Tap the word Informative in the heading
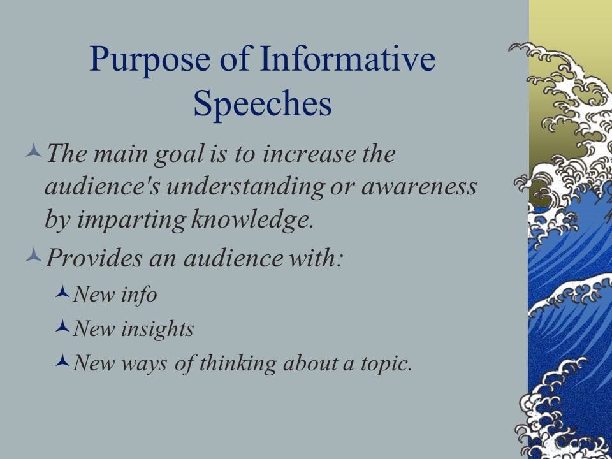tap(347, 58)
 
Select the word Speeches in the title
tap(262, 104)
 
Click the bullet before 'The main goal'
tap(34, 150)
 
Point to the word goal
tap(180, 154)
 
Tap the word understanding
tap(245, 187)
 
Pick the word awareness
tap(419, 187)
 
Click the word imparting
tap(131, 220)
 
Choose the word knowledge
tap(252, 220)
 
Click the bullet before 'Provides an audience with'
tap(34, 255)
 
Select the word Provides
tap(94, 258)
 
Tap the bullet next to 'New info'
tap(62, 291)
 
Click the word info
tap(139, 295)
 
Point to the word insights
tap(157, 329)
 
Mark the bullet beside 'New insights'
tap(62, 326)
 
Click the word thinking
tap(238, 363)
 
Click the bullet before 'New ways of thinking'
tap(62, 361)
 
